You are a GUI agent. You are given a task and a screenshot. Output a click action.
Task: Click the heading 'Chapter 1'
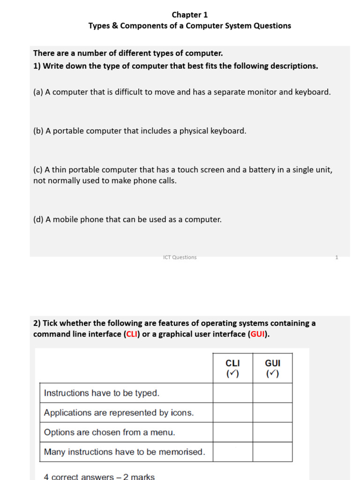click(189, 15)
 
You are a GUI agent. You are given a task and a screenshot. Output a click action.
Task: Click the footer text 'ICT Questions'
click(180, 257)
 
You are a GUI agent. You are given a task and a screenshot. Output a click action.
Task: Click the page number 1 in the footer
click(337, 257)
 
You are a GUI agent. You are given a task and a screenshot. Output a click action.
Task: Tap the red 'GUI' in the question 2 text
click(257, 334)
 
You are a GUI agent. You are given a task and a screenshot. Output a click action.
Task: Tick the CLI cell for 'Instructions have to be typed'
click(232, 393)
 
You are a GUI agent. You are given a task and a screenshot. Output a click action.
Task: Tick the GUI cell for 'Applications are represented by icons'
click(272, 412)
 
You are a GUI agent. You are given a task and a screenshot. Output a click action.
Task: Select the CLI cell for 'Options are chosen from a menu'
click(232, 432)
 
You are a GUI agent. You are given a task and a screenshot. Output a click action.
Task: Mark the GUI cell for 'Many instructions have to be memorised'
click(272, 452)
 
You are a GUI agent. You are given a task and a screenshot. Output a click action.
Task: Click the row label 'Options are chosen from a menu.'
click(109, 432)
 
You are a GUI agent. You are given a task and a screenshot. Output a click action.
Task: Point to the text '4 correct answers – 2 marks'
click(99, 476)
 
